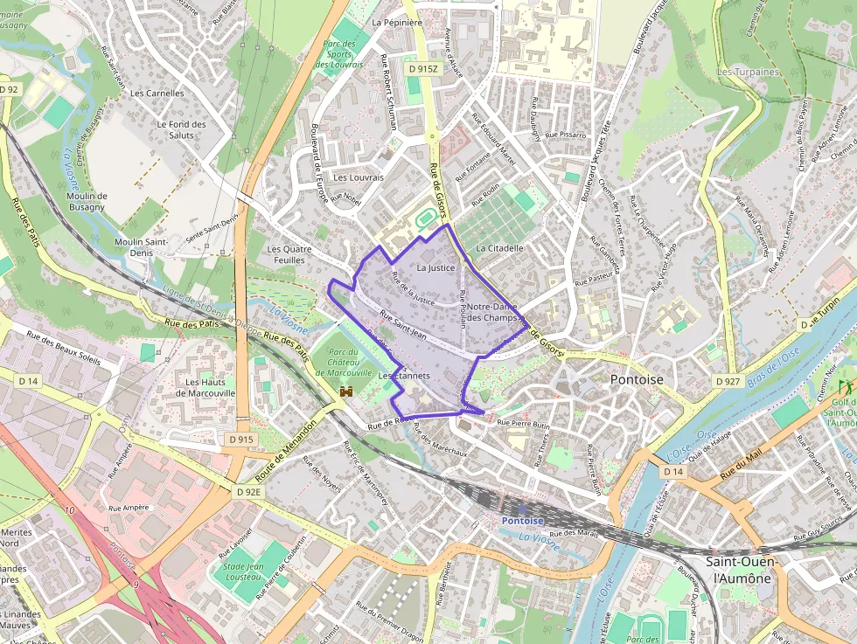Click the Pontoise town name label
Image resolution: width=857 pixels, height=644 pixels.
click(x=636, y=380)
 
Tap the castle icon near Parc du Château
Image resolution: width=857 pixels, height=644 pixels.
click(x=346, y=392)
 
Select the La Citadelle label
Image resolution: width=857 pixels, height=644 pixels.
click(x=499, y=248)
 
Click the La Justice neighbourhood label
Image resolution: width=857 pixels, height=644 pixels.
click(x=436, y=267)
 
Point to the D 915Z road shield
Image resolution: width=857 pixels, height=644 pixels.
click(x=422, y=68)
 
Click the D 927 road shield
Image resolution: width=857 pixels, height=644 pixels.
click(x=728, y=381)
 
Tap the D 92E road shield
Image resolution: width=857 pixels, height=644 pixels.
click(x=248, y=492)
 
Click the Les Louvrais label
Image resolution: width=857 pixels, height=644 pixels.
click(x=359, y=177)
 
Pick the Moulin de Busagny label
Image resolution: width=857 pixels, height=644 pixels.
click(x=86, y=201)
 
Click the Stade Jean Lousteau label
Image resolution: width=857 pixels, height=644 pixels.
click(x=244, y=571)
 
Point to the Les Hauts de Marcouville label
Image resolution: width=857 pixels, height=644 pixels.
click(x=206, y=387)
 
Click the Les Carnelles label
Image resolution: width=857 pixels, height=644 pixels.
click(x=157, y=93)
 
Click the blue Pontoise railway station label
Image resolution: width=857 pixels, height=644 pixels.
click(x=522, y=521)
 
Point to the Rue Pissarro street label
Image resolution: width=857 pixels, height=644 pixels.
click(x=566, y=135)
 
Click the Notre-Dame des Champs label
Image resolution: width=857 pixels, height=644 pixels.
click(x=492, y=312)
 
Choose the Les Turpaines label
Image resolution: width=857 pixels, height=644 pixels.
click(x=748, y=72)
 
